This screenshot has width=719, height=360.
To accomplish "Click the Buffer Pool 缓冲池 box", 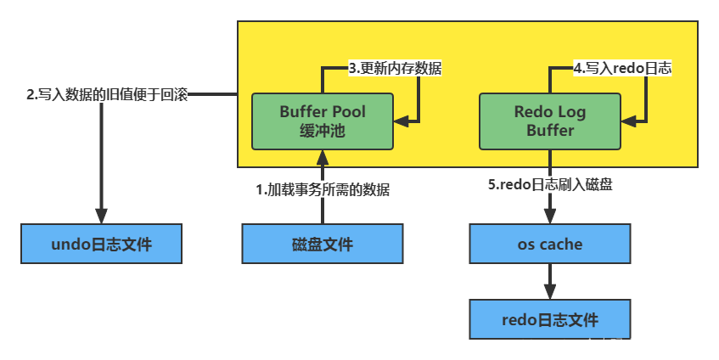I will coord(322,121).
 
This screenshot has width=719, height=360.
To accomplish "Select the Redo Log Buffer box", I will coord(549,121).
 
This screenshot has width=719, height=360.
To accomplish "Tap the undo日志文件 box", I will coord(101,245).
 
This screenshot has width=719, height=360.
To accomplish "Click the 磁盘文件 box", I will coord(322,245).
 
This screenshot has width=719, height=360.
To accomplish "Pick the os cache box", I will coord(549,245).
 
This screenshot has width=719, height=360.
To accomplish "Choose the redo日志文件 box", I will coord(549,320).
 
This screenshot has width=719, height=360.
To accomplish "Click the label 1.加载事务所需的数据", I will coord(323,190).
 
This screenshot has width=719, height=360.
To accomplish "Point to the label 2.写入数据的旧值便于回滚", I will coord(107,95).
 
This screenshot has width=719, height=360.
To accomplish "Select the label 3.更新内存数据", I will coord(395,68).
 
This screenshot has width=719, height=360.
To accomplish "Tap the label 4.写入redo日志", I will coord(622,68).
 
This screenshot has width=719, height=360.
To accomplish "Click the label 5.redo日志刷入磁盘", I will coord(549,185).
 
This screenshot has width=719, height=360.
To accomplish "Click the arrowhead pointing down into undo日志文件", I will coord(101,217).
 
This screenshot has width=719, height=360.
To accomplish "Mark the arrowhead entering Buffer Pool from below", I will coord(322,156).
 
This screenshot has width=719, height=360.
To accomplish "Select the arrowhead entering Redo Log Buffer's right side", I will coord(629,122).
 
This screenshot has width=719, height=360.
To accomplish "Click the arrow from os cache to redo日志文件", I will coord(549,282).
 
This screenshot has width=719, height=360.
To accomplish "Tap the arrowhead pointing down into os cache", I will coord(549,217).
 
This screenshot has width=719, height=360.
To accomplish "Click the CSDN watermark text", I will coord(611,345).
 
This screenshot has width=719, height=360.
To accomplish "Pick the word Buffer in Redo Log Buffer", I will coord(549,131).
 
